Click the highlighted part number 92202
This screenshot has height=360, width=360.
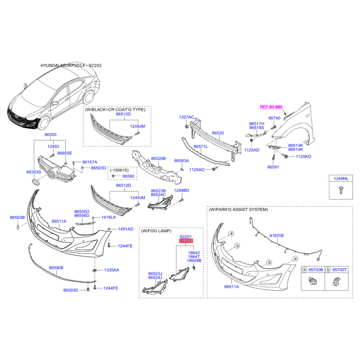(186, 241)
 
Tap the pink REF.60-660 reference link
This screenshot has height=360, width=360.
(271, 107)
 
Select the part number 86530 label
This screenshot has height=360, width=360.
(218, 133)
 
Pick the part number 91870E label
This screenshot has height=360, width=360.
(277, 235)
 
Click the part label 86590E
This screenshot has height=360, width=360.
(56, 268)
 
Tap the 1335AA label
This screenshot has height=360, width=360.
(112, 270)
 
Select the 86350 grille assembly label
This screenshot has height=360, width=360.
(50, 135)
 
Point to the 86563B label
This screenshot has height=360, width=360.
(17, 217)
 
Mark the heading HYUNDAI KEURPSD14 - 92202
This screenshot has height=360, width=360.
(71, 65)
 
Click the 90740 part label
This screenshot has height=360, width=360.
(274, 118)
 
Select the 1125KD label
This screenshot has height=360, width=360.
(303, 157)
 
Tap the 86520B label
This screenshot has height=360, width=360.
(158, 158)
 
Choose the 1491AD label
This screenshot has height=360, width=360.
(126, 229)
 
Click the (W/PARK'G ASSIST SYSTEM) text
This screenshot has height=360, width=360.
(238, 210)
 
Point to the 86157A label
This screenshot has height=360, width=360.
(90, 162)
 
